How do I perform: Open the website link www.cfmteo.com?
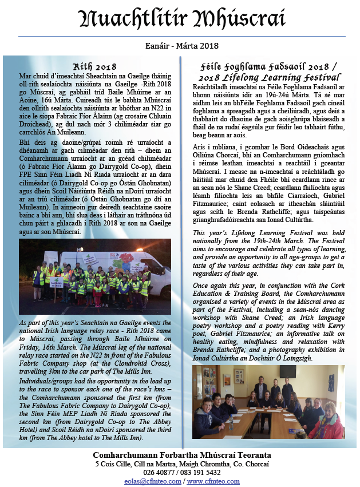[213, 481]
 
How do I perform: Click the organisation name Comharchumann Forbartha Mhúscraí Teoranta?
[181, 455]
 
